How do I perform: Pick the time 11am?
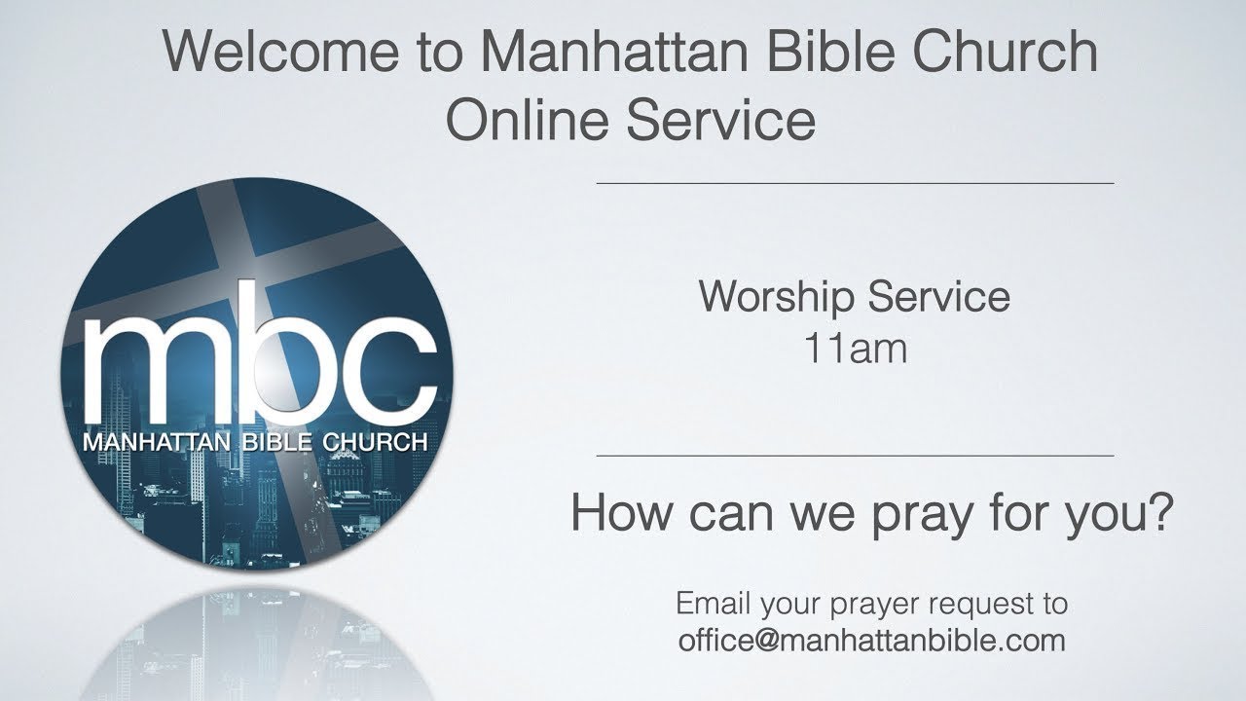[x=855, y=348]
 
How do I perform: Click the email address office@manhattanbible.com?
[x=872, y=641]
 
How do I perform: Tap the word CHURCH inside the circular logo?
[x=374, y=442]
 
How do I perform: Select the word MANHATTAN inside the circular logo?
[x=156, y=442]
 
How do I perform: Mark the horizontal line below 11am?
[x=855, y=456]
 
